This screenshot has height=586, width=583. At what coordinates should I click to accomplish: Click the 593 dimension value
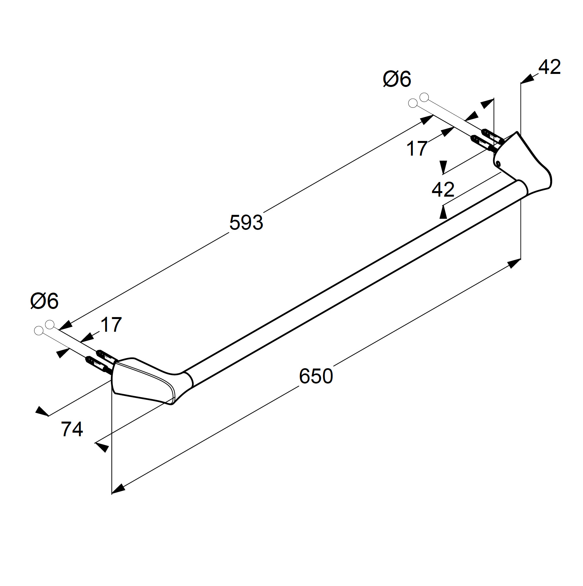pos(246,223)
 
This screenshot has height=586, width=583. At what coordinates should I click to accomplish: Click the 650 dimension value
pos(316,376)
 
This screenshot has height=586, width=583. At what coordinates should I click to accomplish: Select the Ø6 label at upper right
pos(397,79)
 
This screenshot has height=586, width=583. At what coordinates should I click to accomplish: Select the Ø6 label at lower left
pos(44,301)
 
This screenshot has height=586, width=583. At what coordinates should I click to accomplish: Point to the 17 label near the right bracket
pos(417,148)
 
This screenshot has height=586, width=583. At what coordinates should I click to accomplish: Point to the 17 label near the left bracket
pos(111,325)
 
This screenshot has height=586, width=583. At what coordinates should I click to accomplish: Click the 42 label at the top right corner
pos(549,67)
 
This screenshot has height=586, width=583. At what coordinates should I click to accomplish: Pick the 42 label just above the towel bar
pos(443,189)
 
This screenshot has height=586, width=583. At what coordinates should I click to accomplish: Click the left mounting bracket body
pos(143,381)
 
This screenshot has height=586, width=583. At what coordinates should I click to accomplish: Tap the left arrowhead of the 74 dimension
pos(42,411)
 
